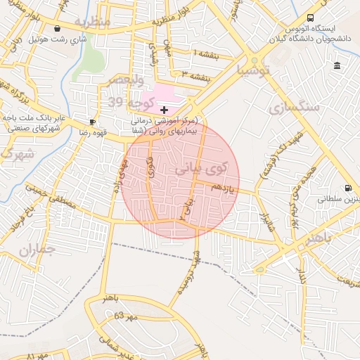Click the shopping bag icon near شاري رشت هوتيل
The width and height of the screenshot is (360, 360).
tap(57, 29)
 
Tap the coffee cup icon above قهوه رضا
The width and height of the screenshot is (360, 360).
tap(92, 122)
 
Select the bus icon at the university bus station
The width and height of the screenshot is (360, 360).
tap(311, 18)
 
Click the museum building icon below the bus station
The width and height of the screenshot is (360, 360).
tap(337, 66)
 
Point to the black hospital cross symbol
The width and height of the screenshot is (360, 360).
tap(164, 110)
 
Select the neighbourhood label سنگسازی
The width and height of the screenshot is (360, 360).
tap(293, 107)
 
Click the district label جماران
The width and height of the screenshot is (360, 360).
tap(37, 249)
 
